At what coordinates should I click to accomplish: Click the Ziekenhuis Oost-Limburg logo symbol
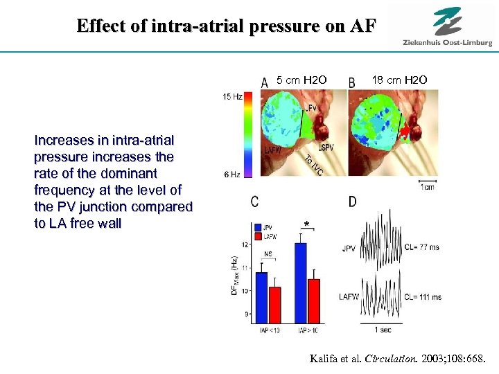click(x=448, y=20)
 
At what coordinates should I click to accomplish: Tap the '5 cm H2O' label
click(x=301, y=80)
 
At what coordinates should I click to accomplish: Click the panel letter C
click(x=255, y=202)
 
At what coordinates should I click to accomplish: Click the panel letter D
click(x=353, y=202)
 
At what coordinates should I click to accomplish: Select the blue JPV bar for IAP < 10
click(x=261, y=297)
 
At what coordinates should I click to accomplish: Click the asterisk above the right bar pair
click(x=306, y=225)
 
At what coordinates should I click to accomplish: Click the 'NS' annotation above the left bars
click(x=268, y=254)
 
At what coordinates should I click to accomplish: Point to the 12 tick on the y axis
click(x=245, y=244)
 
